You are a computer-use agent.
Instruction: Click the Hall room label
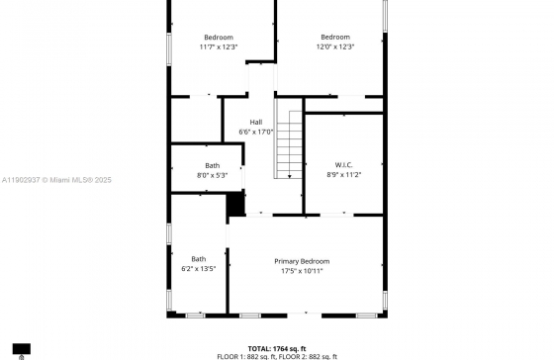(x=256, y=122)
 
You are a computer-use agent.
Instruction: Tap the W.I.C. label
(x=343, y=164)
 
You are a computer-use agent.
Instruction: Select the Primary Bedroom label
(x=302, y=261)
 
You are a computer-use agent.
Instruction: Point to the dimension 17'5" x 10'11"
(x=302, y=270)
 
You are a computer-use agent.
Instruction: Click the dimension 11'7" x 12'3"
(x=218, y=46)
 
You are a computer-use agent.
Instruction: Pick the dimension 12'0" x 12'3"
(x=335, y=46)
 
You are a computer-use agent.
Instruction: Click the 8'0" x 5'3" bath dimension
(x=212, y=175)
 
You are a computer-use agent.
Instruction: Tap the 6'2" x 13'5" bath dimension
(x=198, y=268)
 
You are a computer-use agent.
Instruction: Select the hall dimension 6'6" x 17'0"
(x=256, y=132)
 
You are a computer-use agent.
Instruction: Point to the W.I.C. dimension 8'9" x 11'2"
(x=343, y=174)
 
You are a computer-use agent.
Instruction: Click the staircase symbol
(x=288, y=143)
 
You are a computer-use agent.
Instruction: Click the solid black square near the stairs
(x=235, y=204)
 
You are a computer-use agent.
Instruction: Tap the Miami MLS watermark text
(x=58, y=180)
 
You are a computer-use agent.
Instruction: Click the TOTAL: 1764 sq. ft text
(x=276, y=348)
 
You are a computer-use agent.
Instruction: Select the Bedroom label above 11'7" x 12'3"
(x=218, y=37)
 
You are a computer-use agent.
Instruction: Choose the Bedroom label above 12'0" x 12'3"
(x=335, y=37)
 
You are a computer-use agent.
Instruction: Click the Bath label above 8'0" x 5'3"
(x=212, y=165)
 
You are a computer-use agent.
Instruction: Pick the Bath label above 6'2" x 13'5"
(x=198, y=259)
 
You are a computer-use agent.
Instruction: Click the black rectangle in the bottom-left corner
(x=21, y=349)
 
